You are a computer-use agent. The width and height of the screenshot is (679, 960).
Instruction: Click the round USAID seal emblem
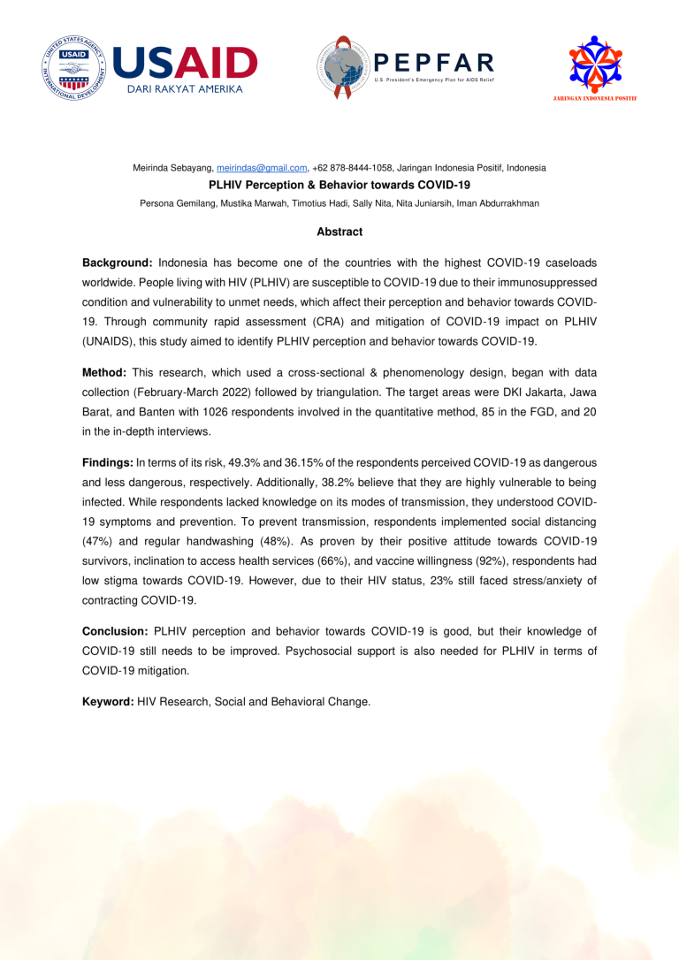[74, 68]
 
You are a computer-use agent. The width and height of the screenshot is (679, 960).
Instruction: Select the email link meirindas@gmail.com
[262, 167]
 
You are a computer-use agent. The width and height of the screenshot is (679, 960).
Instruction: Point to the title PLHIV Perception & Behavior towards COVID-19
[339, 186]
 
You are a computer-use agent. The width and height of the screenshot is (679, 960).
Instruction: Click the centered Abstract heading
[339, 232]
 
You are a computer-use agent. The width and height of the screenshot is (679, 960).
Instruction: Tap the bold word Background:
[118, 263]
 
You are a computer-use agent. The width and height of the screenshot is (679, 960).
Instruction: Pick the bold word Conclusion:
[115, 631]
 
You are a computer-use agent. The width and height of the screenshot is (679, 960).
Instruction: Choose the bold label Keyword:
[108, 702]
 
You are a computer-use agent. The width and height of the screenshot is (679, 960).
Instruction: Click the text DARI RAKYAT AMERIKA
[183, 89]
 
